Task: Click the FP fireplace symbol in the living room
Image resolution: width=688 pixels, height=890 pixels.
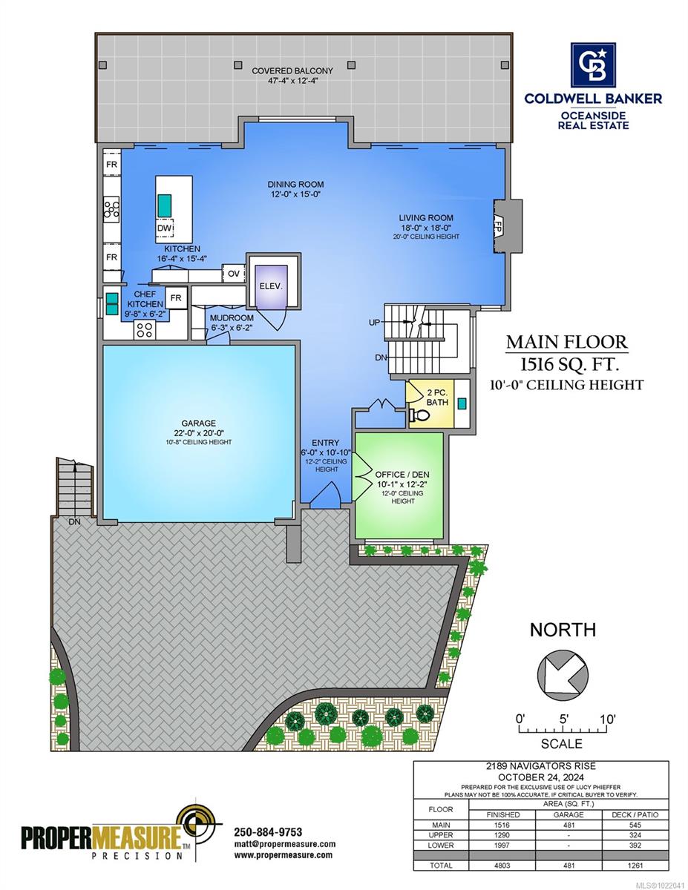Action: [499, 223]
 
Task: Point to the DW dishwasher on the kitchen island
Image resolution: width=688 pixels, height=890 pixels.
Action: [164, 228]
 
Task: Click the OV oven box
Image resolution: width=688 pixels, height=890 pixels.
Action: [234, 274]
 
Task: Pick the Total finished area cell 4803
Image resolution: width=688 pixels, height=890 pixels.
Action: [503, 865]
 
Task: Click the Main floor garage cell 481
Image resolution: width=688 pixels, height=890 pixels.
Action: [569, 824]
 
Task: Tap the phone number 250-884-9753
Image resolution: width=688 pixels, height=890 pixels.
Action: [268, 831]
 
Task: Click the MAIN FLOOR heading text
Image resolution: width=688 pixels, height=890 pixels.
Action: [566, 343]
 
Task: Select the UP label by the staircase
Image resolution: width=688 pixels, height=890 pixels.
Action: [375, 323]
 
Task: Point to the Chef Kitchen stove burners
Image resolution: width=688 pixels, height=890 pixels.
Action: [144, 330]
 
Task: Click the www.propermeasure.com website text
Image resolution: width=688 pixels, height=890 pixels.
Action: [283, 855]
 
